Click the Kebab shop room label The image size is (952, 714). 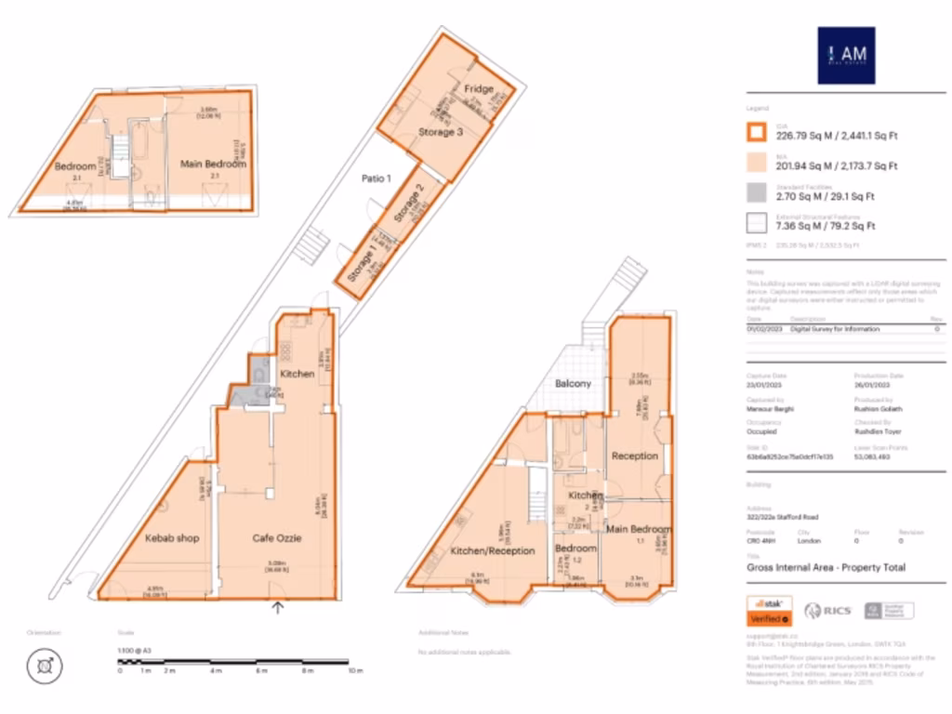pos(172,537)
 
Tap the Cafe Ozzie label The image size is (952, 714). pos(278,537)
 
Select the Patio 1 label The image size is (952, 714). pos(376,178)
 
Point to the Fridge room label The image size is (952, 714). pos(479,89)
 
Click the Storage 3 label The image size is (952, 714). pos(440,132)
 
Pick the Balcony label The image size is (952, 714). pos(573,383)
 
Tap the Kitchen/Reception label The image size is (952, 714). pos(493,550)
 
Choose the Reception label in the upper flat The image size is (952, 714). pos(635,456)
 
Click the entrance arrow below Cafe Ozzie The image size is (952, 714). pos(277,608)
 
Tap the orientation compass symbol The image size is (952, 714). pos(44,665)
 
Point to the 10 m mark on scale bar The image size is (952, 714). pos(354,670)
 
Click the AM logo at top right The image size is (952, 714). pos(846,56)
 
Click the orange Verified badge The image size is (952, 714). pos(769,618)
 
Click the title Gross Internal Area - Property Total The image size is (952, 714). pos(813,567)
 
